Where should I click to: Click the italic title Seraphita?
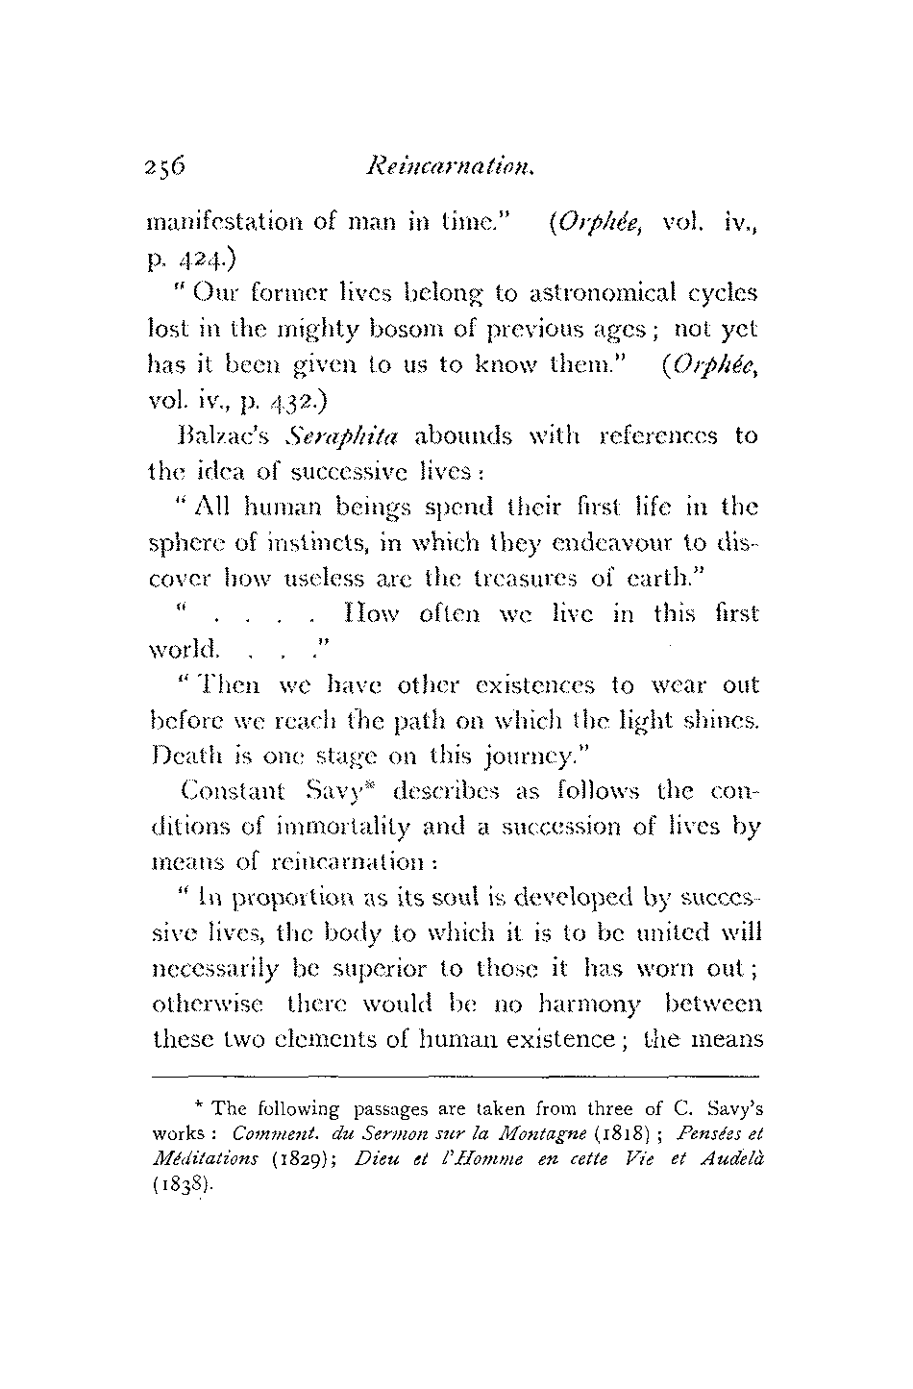348,435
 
